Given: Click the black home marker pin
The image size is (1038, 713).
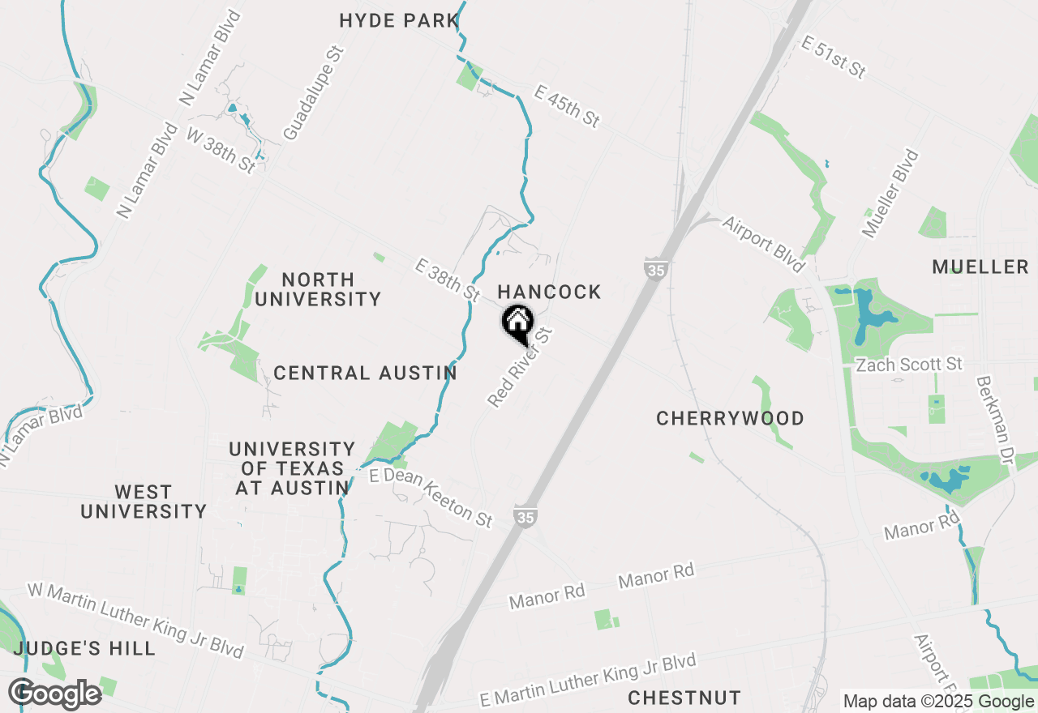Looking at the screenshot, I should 517,322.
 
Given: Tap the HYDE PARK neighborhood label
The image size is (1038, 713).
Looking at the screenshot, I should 399,20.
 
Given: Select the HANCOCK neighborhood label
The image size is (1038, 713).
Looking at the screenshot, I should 549,292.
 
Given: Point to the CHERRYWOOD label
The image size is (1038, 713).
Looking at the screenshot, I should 730,418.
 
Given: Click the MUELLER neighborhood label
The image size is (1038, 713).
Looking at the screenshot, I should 980,267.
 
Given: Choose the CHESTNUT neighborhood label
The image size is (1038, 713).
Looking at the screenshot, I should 684,698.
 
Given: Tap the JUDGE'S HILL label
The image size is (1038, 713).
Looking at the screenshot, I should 84,648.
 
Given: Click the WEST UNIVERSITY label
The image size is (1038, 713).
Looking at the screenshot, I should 144,502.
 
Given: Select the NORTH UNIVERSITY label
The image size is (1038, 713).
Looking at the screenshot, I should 318,289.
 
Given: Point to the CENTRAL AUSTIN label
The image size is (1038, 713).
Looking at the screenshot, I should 365,373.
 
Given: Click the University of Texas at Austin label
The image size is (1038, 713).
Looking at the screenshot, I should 292,468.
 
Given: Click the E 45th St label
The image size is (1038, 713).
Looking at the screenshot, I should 567,106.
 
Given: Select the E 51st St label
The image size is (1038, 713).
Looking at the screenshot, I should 833,57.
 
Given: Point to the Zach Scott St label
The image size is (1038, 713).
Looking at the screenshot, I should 909,365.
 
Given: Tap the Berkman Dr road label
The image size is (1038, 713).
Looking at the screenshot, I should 996,420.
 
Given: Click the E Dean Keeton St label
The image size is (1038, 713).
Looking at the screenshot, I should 431,497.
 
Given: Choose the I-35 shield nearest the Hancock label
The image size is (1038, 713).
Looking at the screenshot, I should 654,268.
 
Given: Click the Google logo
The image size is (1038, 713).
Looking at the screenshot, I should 55,694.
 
